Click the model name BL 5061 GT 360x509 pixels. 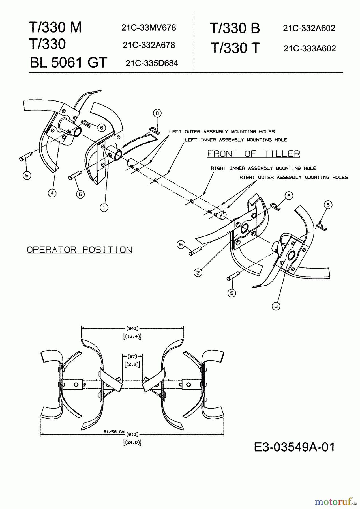coord(68,62)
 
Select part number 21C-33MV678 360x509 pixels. coord(149,27)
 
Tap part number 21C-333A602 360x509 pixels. coord(310,48)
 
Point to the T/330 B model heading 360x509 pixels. coord(235,28)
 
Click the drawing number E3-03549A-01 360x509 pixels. coord(294,447)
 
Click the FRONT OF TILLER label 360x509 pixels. coord(254,154)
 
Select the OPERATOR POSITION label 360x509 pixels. coord(80,250)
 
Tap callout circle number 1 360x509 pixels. coord(104,208)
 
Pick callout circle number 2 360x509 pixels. coord(198,273)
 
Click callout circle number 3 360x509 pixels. coord(276,306)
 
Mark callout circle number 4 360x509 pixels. coord(52,193)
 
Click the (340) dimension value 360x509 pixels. coord(132,328)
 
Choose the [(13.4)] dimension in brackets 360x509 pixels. coord(132,336)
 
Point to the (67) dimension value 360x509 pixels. coord(132,356)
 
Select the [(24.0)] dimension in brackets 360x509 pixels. coord(132,442)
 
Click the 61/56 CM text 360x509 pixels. coord(114,432)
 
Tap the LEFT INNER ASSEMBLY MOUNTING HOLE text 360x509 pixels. coord(236,140)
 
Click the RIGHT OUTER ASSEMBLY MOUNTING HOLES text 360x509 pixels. coord(294,177)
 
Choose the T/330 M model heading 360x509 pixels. coord(55,27)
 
